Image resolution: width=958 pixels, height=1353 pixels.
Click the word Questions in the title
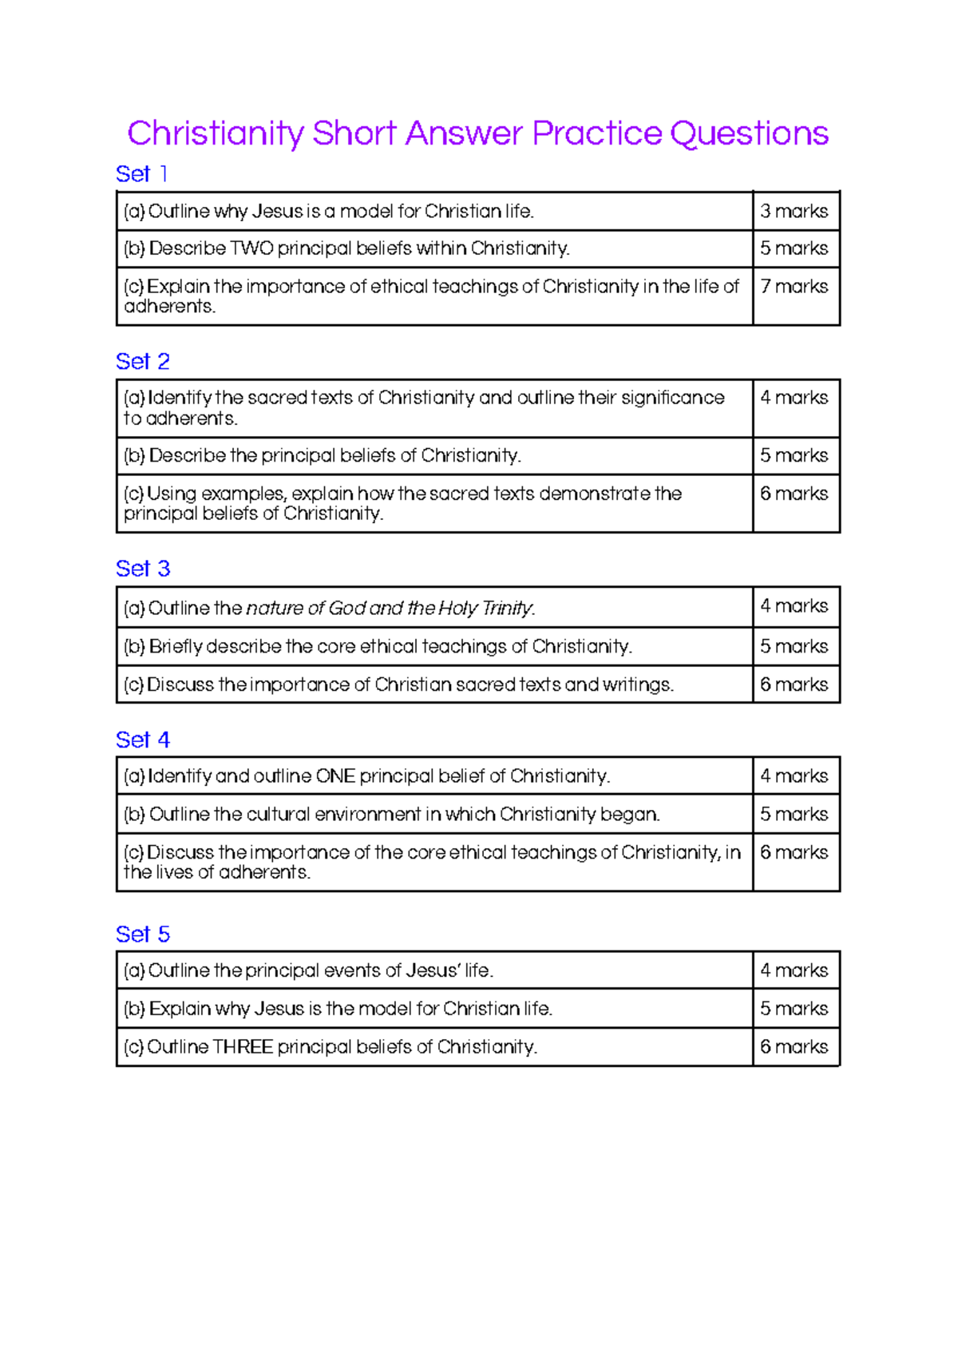pyautogui.click(x=749, y=133)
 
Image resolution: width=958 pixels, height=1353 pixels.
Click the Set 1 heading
pyautogui.click(x=141, y=174)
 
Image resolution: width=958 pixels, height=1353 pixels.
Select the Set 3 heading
pyautogui.click(x=142, y=569)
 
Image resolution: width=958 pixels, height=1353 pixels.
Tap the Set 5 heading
pyautogui.click(x=142, y=934)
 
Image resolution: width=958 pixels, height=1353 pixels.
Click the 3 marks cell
pyautogui.click(x=794, y=212)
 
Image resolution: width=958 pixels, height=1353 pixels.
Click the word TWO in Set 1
pyautogui.click(x=251, y=248)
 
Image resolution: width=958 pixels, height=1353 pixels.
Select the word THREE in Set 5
pyautogui.click(x=243, y=1047)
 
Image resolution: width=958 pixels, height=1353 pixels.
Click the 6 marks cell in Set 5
pyautogui.click(x=794, y=1047)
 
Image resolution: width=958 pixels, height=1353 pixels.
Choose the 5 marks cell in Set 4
pyautogui.click(x=794, y=815)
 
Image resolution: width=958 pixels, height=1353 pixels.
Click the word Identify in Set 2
pyautogui.click(x=180, y=398)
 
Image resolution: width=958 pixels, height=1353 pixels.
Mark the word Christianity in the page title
pyautogui.click(x=216, y=133)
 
